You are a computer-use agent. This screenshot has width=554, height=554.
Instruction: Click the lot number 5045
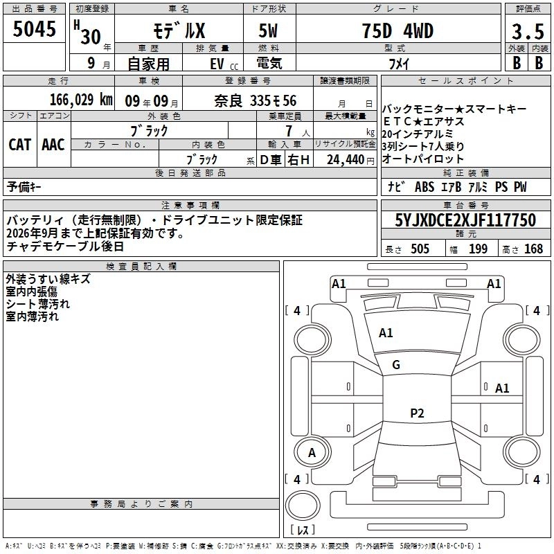(34, 29)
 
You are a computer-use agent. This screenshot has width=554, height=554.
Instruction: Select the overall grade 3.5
(528, 31)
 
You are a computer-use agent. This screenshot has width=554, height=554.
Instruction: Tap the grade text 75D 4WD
(397, 31)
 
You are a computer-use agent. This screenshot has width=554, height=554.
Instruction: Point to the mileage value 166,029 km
(81, 100)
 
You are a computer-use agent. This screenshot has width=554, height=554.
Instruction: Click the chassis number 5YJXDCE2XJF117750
(465, 220)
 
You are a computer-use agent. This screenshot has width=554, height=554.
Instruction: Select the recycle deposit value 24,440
(346, 160)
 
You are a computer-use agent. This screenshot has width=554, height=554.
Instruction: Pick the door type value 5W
(268, 31)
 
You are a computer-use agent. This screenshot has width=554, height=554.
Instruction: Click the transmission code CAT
(20, 145)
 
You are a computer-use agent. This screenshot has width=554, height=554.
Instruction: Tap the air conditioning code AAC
(53, 145)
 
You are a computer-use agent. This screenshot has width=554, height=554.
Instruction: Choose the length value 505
(420, 249)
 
